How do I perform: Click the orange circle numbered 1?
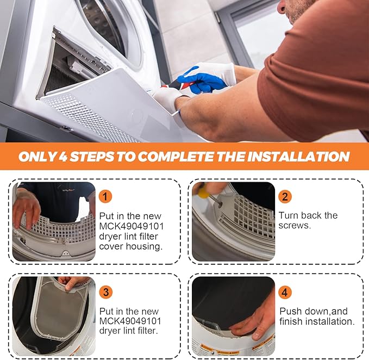click(x=106, y=196)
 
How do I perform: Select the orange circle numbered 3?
click(x=106, y=291)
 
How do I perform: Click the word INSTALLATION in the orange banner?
click(x=298, y=157)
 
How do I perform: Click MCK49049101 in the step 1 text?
click(x=130, y=226)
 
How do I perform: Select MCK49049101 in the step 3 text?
click(x=130, y=321)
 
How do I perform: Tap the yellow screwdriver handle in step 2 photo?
click(x=202, y=190)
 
